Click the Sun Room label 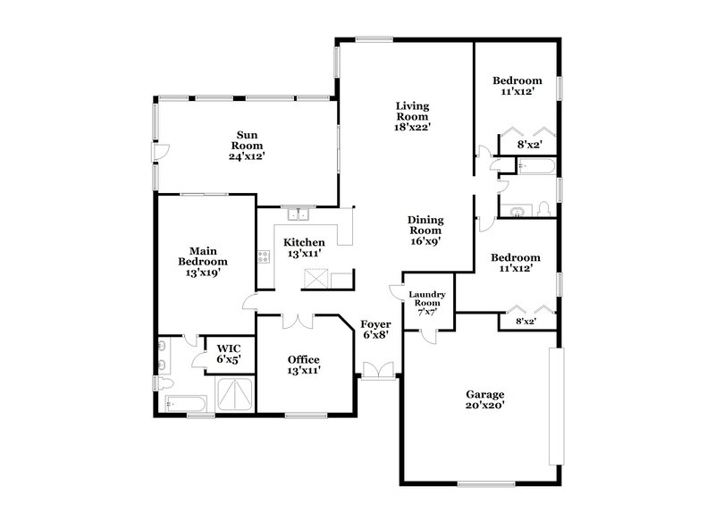pos(247,145)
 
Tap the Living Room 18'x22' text pos(414,116)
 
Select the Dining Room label pos(426,230)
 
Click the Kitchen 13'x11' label pos(304,247)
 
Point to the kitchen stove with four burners pos(265,257)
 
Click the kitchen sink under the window pos(296,214)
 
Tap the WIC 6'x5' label pos(229,354)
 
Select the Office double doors pos(296,319)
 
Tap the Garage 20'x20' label pos(485,399)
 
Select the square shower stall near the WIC pos(234,395)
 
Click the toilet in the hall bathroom pos(543,209)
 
